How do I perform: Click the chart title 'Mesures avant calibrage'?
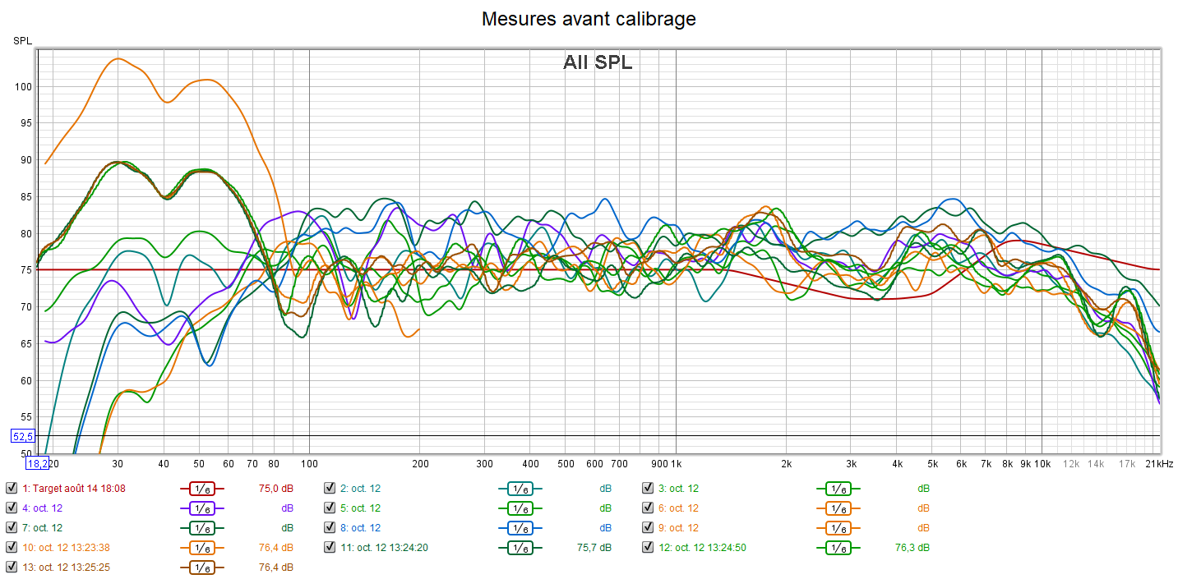589,19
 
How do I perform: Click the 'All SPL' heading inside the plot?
598,62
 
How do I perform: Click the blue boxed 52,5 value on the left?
22,436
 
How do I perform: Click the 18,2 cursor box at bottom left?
36,464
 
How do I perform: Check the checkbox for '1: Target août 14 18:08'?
12,488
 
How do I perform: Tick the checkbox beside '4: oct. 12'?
12,508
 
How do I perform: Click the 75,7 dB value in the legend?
594,547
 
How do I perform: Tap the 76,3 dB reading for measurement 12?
912,547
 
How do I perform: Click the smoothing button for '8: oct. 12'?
520,527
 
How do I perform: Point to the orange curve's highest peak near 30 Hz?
118,58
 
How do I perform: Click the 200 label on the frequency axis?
419,464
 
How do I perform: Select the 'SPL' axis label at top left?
21,40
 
